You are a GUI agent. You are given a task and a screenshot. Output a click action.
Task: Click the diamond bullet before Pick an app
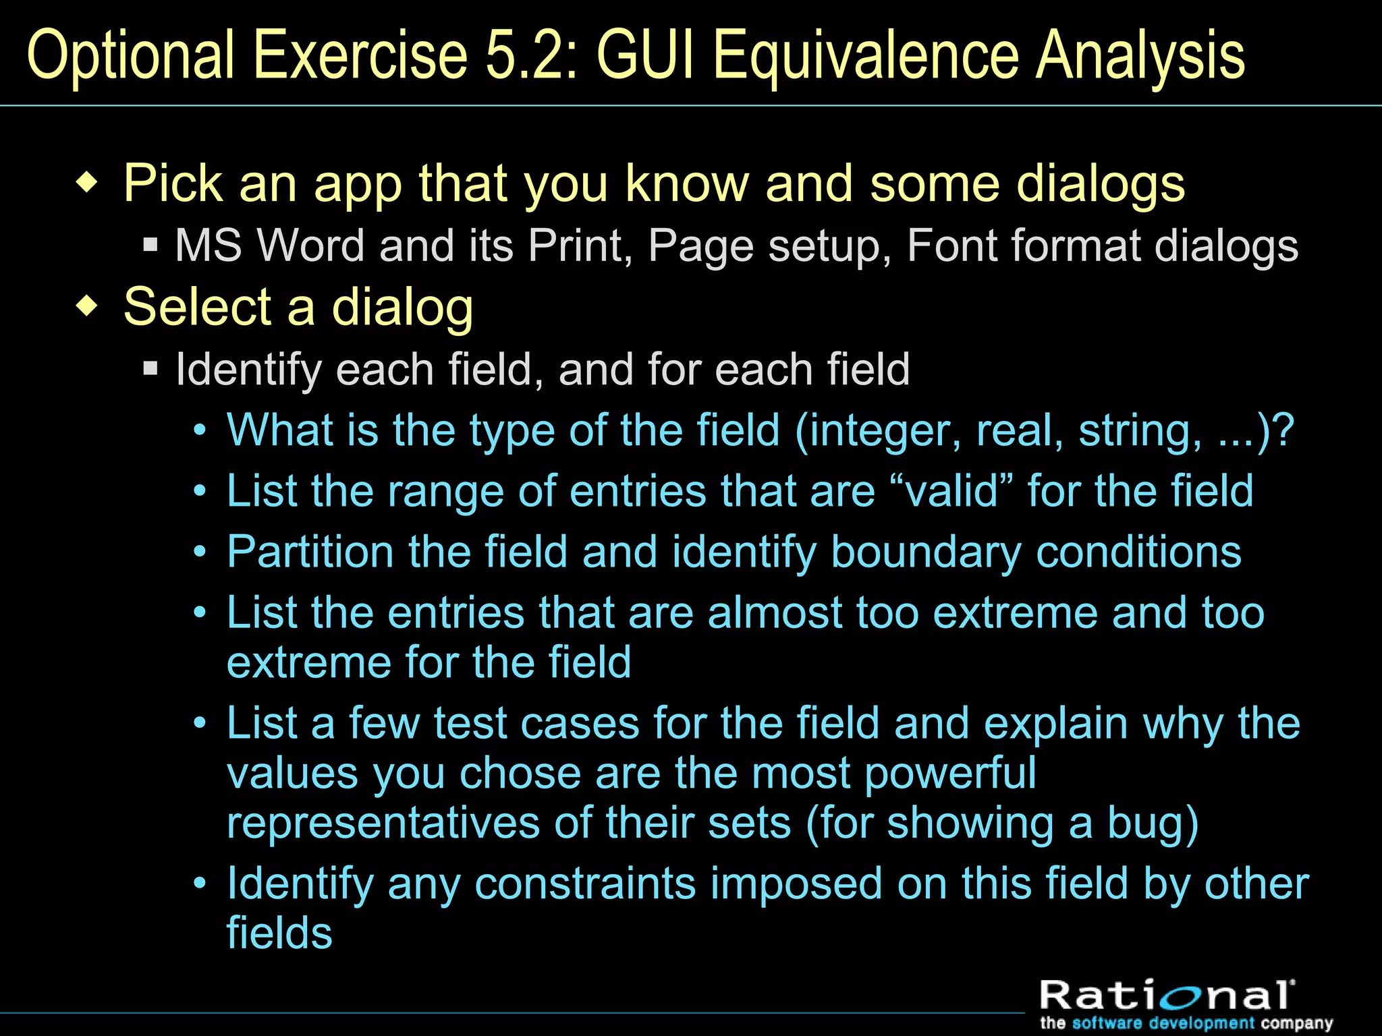87,183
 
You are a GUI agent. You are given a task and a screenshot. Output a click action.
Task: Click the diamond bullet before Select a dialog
87,307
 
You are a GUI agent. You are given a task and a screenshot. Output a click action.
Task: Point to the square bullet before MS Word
150,244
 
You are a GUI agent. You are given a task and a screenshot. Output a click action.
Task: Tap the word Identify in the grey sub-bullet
248,370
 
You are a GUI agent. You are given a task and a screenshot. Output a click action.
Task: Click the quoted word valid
952,490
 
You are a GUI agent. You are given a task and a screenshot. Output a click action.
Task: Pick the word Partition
310,552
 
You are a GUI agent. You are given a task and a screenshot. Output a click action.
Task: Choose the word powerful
950,773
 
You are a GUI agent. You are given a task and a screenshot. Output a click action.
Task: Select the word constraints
585,884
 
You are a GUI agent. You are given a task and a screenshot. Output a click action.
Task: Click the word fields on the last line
279,933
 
